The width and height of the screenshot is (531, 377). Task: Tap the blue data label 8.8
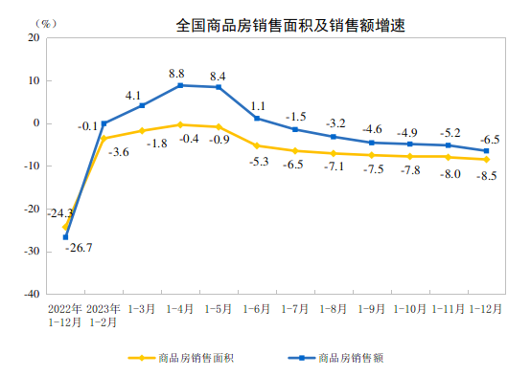coord(177,72)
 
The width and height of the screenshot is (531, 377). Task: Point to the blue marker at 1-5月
coord(219,87)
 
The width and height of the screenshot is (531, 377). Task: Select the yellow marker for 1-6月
coord(257,145)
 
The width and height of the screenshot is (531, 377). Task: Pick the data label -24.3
coord(60,213)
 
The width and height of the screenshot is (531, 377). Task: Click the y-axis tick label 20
coord(33,37)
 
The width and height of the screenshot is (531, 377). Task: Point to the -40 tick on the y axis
coord(31,294)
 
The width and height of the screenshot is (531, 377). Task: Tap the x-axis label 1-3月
coord(142,309)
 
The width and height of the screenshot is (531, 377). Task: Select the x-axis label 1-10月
coord(409,309)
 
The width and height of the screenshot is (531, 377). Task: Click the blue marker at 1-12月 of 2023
coord(486,150)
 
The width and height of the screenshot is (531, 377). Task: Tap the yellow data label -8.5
coord(487,175)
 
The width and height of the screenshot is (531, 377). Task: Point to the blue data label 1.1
coord(257,106)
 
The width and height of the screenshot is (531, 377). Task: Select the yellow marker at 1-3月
coord(142,130)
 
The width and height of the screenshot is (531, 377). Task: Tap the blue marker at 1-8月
coord(334,137)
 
